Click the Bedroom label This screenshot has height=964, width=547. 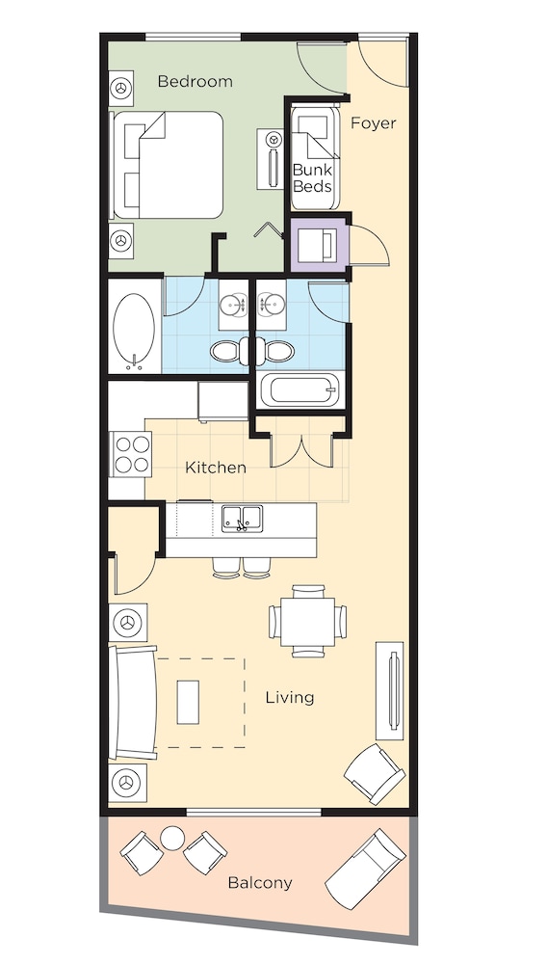(x=195, y=82)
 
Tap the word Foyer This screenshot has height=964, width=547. (x=373, y=123)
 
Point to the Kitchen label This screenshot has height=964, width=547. (x=216, y=468)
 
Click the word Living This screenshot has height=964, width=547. (x=290, y=697)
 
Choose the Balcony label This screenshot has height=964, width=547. (x=260, y=882)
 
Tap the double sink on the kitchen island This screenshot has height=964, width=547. (x=242, y=519)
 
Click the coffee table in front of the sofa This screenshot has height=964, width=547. (x=189, y=702)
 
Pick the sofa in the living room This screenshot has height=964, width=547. (x=131, y=702)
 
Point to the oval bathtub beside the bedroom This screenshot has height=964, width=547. (x=134, y=325)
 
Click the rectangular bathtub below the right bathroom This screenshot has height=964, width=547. (x=301, y=392)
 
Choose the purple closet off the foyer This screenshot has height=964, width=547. (x=318, y=244)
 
